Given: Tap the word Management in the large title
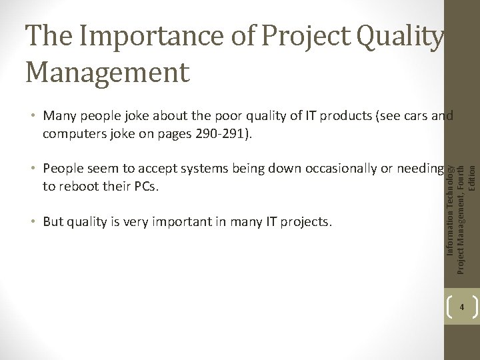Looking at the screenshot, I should click(107, 71).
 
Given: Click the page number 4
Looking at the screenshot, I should click(461, 308).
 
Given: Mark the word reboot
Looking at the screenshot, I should click(79, 186).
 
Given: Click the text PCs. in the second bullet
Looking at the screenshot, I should click(146, 186).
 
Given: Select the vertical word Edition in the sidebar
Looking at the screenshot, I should click(472, 176).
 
